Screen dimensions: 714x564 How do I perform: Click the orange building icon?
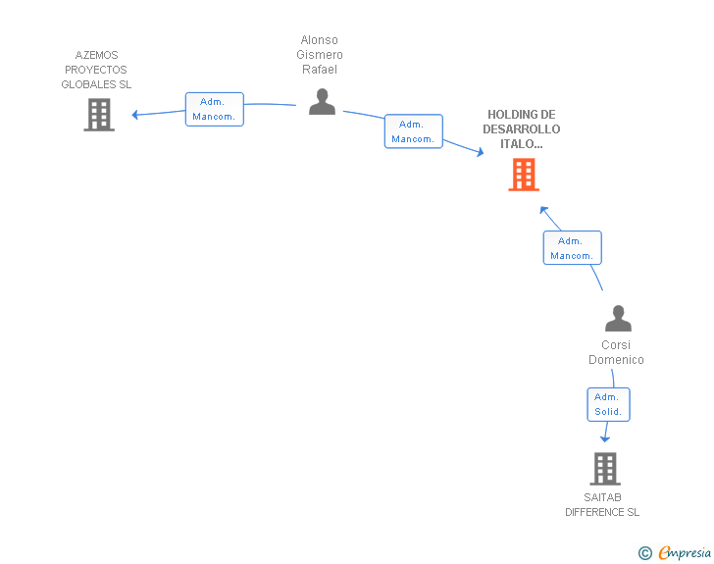[x=524, y=175]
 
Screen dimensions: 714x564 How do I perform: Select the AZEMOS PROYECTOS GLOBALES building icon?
[x=99, y=115]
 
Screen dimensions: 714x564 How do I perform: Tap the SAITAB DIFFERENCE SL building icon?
[x=605, y=468]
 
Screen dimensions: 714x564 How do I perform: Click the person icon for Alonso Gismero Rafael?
[x=322, y=102]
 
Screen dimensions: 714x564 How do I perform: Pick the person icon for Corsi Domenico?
[x=618, y=318]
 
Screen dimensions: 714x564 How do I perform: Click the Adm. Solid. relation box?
[x=608, y=404]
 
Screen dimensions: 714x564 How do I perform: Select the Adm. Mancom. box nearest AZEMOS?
[x=215, y=109]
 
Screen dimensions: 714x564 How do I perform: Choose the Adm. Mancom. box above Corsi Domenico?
[x=573, y=248]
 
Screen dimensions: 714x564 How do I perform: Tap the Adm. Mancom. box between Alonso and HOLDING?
[x=414, y=131]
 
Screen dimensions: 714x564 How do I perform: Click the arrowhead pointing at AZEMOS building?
[x=134, y=115]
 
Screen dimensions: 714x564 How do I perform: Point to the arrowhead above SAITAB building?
[x=605, y=439]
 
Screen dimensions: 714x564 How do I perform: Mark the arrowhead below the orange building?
[x=543, y=210]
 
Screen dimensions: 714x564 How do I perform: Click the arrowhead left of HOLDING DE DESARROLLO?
[x=480, y=152]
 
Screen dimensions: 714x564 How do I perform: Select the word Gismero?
[x=320, y=55]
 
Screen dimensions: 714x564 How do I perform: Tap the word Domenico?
[x=616, y=360]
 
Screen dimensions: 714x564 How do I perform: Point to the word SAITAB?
[x=602, y=497]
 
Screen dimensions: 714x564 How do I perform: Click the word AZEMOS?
[x=96, y=55]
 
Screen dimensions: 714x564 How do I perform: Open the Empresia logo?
[x=685, y=552]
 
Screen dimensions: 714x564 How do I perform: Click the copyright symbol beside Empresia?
[x=645, y=553]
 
